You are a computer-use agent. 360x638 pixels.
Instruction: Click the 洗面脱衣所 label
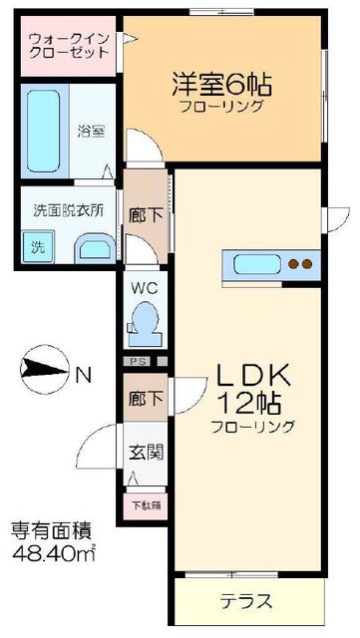pyautogui.click(x=69, y=210)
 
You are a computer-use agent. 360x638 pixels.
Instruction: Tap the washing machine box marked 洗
pyautogui.click(x=35, y=246)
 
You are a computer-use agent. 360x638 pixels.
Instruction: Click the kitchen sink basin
pyautogui.click(x=255, y=264)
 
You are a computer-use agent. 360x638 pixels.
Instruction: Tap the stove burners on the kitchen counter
pyautogui.click(x=300, y=264)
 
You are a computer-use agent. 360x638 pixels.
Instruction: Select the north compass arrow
pyautogui.click(x=45, y=374)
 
